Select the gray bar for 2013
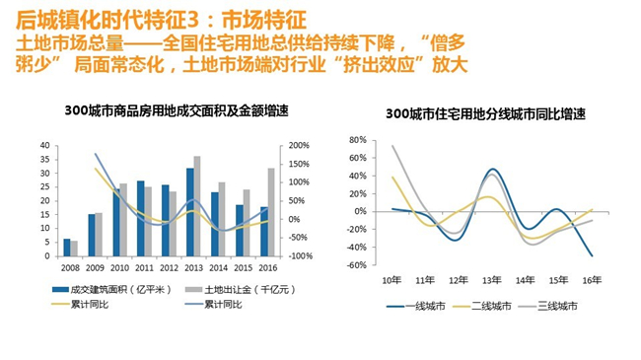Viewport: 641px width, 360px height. tap(197, 206)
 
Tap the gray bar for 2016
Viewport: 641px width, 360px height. tap(271, 212)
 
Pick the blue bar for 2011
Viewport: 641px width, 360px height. tap(141, 218)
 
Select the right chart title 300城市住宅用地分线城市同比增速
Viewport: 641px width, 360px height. tap(485, 114)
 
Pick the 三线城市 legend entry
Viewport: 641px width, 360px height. tap(558, 307)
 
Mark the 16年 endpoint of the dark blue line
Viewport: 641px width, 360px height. tap(593, 256)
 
